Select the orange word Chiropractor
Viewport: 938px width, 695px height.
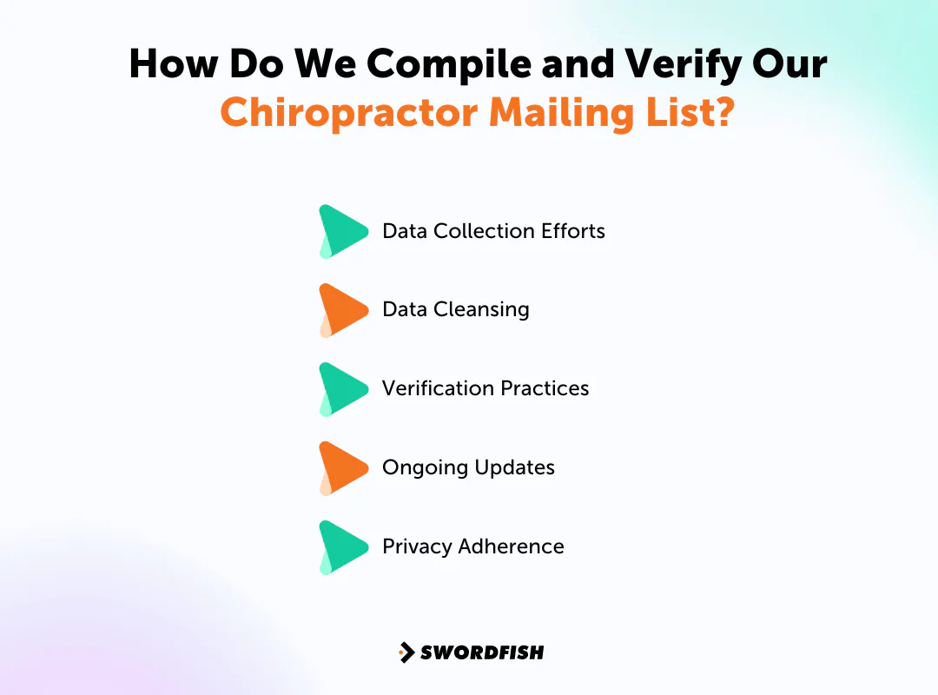[347, 114]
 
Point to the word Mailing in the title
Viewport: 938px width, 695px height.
[564, 114]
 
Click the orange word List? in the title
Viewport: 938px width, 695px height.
[690, 114]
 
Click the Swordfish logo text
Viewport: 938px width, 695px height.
[482, 652]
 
